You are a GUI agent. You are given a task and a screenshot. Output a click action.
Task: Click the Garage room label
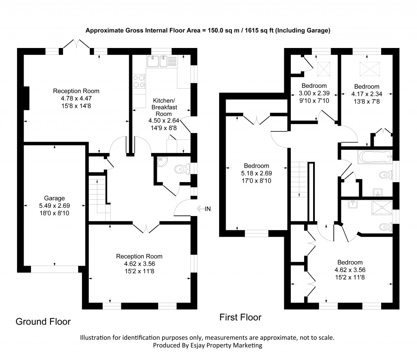[55, 199]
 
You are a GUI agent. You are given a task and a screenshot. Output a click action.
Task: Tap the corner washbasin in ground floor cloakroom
[161, 162]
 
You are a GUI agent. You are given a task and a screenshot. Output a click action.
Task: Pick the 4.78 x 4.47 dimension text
[76, 98]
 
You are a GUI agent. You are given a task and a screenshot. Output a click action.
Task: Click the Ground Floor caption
[43, 322]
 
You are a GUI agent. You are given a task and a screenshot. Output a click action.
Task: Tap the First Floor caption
[240, 317]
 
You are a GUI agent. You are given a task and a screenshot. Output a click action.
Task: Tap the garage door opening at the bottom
[54, 269]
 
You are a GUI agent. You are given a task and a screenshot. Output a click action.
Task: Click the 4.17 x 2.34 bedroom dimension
[367, 94]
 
